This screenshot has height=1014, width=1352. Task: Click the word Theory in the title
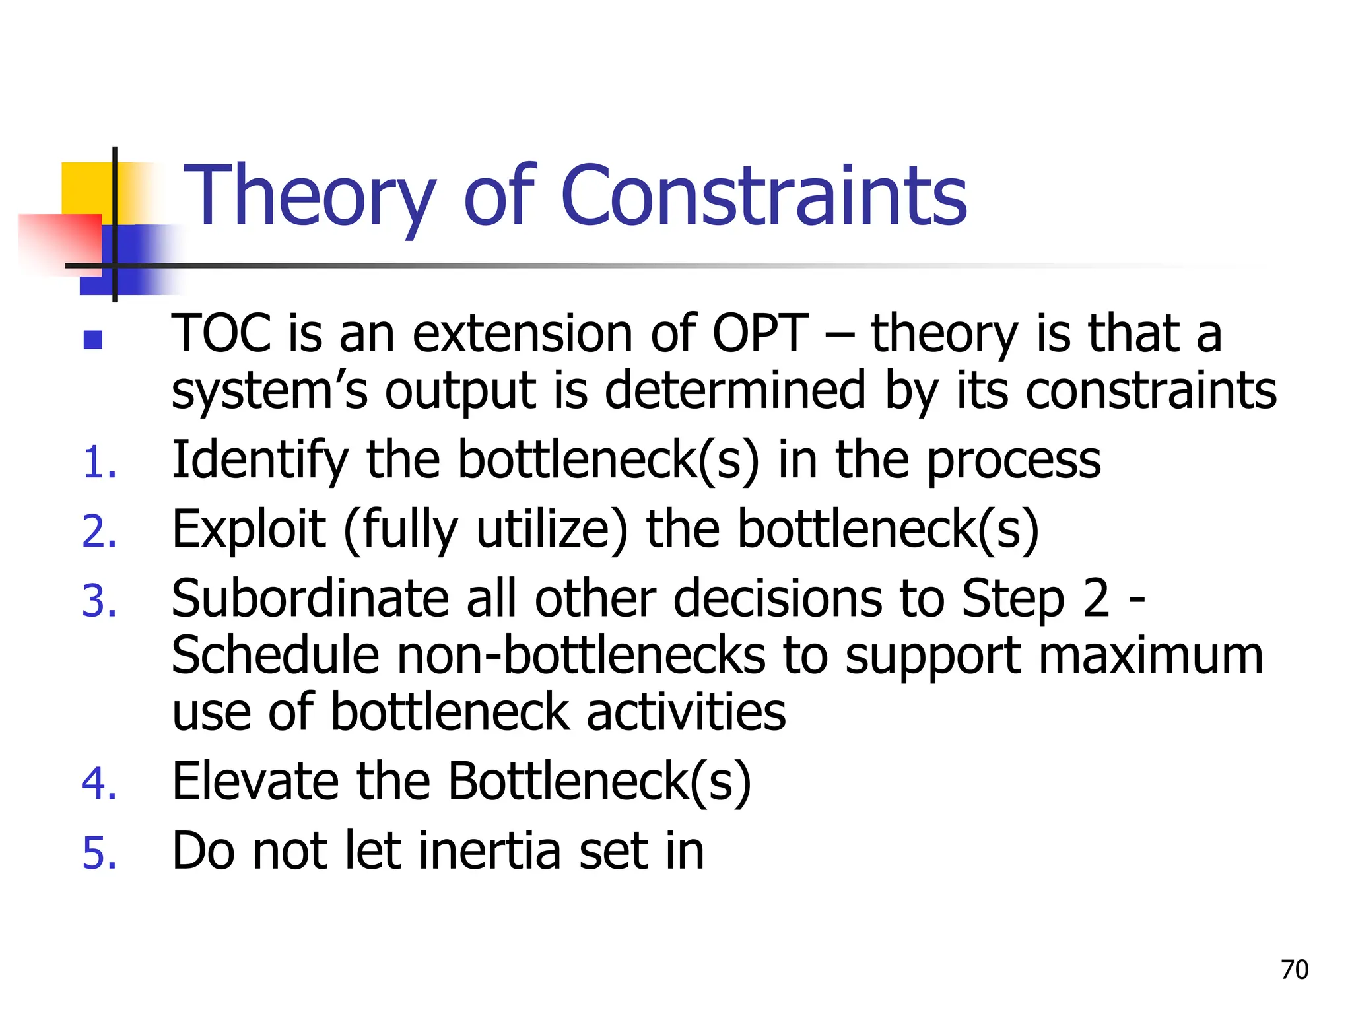309,196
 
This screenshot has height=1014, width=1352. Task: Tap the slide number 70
1294,970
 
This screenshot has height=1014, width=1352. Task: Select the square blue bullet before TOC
93,339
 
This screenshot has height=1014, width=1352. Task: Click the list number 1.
99,462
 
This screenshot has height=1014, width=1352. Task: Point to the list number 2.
99,532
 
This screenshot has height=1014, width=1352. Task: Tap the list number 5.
99,854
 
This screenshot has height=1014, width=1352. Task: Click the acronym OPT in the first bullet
760,333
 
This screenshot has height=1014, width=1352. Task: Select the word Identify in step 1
259,460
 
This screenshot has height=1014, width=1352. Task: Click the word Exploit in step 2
248,530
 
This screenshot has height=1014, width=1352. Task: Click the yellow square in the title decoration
86,188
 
